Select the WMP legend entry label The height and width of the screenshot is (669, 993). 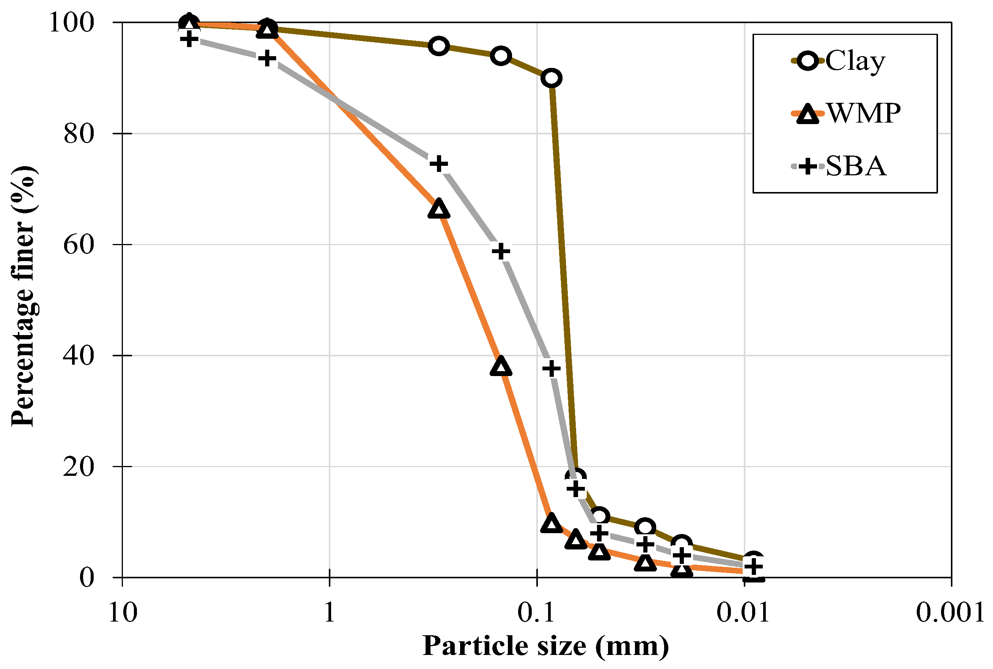click(864, 113)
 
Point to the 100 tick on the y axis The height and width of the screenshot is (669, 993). click(71, 22)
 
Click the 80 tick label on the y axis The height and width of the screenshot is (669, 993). click(79, 134)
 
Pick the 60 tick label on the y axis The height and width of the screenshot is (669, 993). click(79, 244)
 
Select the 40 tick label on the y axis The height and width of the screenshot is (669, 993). click(79, 356)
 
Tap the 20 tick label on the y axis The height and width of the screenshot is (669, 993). click(79, 466)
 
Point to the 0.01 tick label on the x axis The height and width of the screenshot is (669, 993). click(743, 613)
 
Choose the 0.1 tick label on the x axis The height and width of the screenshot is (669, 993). click(537, 613)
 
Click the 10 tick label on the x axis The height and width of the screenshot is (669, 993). click(123, 613)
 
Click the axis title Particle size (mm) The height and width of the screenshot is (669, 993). click(546, 646)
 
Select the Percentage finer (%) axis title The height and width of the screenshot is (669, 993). click(24, 296)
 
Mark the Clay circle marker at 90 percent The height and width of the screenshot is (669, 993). click(551, 79)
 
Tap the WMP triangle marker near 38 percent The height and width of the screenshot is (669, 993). click(501, 366)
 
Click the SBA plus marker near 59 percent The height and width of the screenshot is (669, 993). click(501, 251)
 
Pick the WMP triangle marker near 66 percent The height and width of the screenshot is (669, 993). click(438, 209)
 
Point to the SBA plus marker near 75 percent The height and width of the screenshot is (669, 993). click(438, 164)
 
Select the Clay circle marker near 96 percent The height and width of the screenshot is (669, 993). click(438, 46)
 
